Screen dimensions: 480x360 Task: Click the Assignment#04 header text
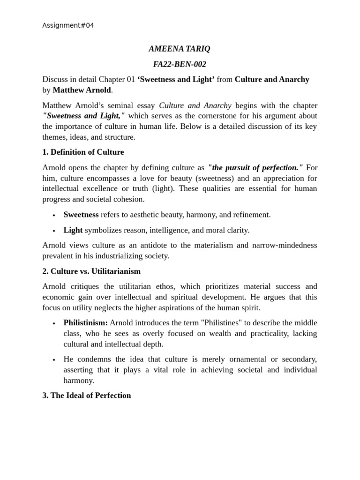(68, 25)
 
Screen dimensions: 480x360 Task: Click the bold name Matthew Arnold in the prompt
(82, 90)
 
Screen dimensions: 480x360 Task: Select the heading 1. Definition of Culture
(83, 152)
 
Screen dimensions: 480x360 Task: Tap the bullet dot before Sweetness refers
(54, 215)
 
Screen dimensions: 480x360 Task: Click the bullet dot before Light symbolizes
(54, 231)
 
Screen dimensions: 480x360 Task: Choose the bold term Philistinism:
(86, 323)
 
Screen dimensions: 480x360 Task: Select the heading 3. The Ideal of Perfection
(86, 395)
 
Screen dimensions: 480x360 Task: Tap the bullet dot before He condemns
(54, 360)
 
